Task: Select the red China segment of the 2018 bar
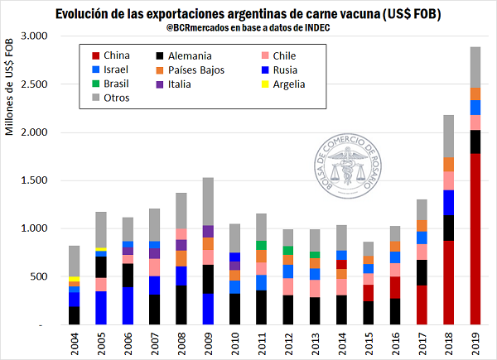coord(448,282)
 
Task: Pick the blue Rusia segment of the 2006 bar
coord(128,305)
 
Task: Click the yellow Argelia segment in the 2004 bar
coord(74,279)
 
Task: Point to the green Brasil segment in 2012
coord(289,250)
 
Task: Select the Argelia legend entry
coord(282,84)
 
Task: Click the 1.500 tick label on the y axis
coord(35,180)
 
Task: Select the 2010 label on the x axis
coord(234,343)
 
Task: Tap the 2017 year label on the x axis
coord(422,343)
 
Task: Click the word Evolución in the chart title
coord(89,14)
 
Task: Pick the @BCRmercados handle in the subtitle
coord(199,29)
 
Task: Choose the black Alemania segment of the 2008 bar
coord(181,305)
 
